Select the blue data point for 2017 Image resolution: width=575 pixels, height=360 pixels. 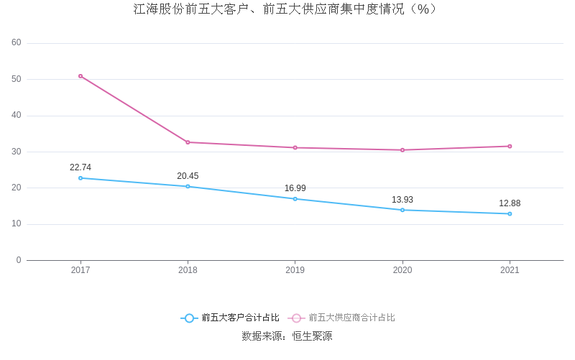coord(80,178)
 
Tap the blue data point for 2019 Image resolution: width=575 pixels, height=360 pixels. coord(295,199)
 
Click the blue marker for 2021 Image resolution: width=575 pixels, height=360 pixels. coord(510,213)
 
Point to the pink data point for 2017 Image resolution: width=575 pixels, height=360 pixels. coord(80,76)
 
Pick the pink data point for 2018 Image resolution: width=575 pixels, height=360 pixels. coord(188,142)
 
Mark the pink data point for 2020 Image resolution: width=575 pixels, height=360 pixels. coord(402,150)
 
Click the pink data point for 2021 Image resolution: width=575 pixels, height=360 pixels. coord(510,147)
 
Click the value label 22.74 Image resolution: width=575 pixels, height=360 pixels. coord(80,167)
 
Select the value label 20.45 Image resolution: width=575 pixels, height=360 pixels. coord(188,176)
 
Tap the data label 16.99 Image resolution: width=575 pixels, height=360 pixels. coord(295,188)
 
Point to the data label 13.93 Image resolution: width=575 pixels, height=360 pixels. coord(402,200)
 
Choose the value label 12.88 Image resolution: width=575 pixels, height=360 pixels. coord(510,203)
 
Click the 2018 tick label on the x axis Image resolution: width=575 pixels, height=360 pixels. coord(188,270)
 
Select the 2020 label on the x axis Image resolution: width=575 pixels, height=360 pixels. coord(402,270)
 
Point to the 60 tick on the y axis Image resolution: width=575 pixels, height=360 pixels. coord(17,42)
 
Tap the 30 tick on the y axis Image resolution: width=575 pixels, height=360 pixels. coord(17,152)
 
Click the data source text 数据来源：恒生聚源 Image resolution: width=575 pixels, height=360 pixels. coord(287,336)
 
